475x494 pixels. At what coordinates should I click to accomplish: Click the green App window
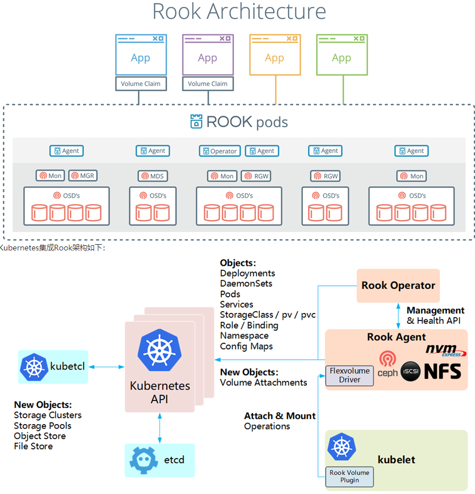pos(341,55)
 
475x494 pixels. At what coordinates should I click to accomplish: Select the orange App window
pos(274,55)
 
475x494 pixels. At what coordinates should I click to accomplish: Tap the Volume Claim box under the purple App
pos(207,84)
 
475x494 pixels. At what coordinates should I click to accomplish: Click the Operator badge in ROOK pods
pos(220,151)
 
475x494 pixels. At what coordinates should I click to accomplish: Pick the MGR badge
pos(83,176)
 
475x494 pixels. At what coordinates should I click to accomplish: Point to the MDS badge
pos(153,176)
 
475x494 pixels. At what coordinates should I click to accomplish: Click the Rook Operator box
pos(398,285)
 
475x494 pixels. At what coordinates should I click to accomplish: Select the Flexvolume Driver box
pos(349,375)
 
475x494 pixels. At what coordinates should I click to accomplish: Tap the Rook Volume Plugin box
pos(349,476)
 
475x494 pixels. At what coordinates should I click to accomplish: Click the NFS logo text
pos(442,371)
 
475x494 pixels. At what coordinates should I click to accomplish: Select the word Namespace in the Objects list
pos(244,335)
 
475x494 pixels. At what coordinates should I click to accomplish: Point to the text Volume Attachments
pos(263,382)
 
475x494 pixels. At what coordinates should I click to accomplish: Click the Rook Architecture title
pos(239,12)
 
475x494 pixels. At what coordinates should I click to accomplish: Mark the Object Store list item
pos(40,436)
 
